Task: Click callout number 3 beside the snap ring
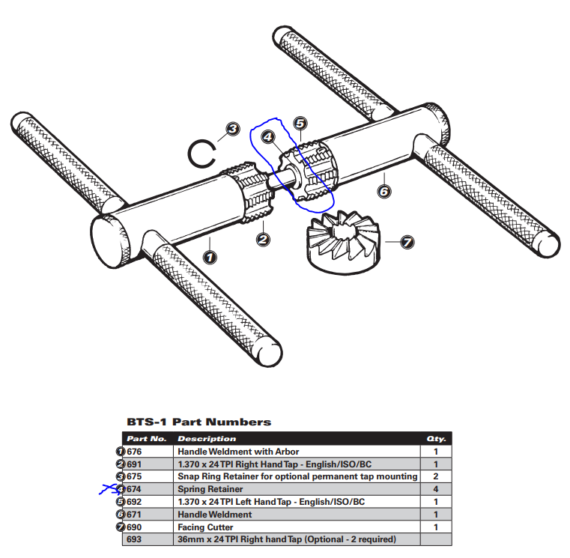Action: pos(233,129)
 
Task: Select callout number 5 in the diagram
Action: pos(300,123)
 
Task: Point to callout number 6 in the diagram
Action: pos(383,192)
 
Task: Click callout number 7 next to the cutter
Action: pos(407,242)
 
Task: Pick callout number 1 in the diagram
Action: pos(210,256)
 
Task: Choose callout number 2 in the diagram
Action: pos(263,239)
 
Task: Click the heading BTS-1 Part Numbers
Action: pos(199,422)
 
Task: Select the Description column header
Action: pos(206,439)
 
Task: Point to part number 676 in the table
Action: pos(136,452)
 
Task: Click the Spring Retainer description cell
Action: pos(210,489)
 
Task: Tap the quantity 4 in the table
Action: pos(435,489)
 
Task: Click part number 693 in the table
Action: pos(136,539)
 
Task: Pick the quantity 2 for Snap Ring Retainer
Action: pos(435,476)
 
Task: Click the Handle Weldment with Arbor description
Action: pos(238,452)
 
